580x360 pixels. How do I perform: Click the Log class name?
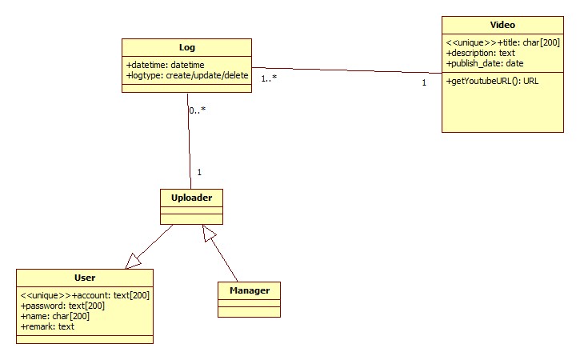[186, 48]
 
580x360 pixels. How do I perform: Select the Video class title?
[502, 26]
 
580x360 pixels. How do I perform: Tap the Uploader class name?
[190, 197]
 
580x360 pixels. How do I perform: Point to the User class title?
[85, 278]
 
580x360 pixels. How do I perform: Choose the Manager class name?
[249, 290]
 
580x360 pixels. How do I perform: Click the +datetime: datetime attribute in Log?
[166, 65]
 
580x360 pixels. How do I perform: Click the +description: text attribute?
[480, 53]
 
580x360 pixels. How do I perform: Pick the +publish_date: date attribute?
[485, 63]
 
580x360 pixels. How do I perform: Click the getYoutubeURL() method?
[492, 82]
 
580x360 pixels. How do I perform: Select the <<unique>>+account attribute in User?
[85, 295]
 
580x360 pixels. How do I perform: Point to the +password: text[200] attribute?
[62, 306]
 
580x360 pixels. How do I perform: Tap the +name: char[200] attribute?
[55, 316]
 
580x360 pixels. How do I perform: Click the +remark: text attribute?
[47, 326]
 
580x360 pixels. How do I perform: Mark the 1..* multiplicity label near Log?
[269, 78]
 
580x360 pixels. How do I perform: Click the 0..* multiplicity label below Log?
[198, 110]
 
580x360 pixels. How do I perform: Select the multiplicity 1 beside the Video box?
[424, 82]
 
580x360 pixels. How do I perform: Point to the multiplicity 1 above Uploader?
[198, 172]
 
